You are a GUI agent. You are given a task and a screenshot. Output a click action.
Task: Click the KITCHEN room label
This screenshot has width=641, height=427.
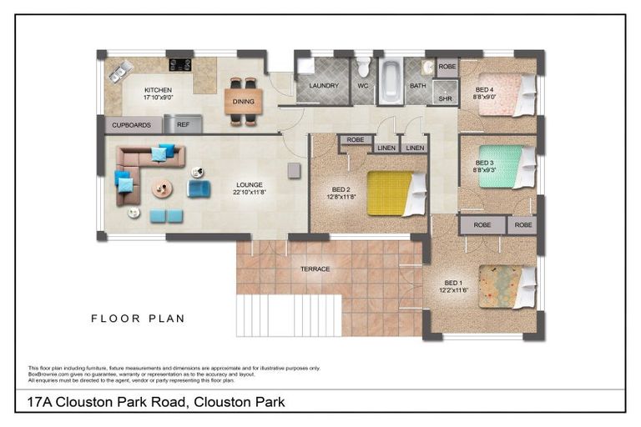(x=158, y=90)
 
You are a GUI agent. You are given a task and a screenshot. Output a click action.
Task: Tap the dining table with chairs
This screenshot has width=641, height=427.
(x=243, y=102)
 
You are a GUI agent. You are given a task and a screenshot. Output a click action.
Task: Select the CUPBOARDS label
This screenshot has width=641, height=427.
(x=131, y=125)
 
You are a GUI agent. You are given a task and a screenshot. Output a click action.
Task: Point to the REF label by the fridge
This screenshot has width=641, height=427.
(x=183, y=125)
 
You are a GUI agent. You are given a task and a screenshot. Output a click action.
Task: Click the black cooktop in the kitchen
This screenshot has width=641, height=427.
(x=180, y=64)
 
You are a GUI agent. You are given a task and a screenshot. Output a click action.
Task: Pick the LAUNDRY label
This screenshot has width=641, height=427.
(x=323, y=86)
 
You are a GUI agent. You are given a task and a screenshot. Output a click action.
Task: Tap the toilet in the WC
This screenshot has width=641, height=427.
(x=363, y=69)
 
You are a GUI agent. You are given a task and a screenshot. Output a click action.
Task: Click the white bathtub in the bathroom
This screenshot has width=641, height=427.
(x=390, y=82)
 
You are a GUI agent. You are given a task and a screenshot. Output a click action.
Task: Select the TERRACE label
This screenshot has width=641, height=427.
(x=315, y=269)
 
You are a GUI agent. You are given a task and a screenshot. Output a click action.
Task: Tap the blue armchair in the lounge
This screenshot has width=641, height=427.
(x=199, y=189)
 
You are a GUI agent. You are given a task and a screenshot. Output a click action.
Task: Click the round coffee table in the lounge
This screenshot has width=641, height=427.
(x=162, y=188)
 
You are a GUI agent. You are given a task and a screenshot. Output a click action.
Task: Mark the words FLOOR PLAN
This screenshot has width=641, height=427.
(x=138, y=318)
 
